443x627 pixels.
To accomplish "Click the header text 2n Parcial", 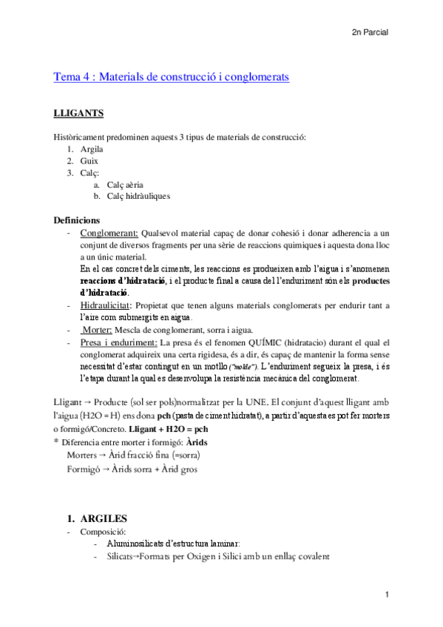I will coord(370,33).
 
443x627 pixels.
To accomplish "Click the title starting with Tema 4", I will coord(172,76).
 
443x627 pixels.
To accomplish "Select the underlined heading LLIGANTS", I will coord(79,114).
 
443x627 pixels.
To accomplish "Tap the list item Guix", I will coord(89,160).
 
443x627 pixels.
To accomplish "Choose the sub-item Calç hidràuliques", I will coord(138,196).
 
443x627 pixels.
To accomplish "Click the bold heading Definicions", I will coord(81,220).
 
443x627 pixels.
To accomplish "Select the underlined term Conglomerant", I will coord(107,233).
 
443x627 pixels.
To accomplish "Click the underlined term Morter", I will coord(96,329).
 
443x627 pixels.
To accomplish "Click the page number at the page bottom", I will coord(387,595).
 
